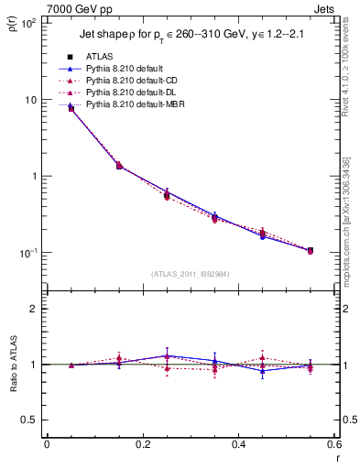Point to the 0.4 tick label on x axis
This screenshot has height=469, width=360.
click(238, 445)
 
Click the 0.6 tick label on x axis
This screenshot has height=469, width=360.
click(333, 445)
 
